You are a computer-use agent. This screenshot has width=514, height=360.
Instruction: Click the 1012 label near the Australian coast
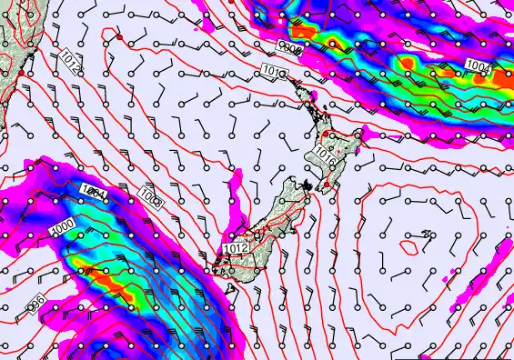(x=72, y=61)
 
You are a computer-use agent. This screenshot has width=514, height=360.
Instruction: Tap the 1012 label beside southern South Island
(x=233, y=248)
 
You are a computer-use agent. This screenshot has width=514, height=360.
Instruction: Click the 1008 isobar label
(x=150, y=197)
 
